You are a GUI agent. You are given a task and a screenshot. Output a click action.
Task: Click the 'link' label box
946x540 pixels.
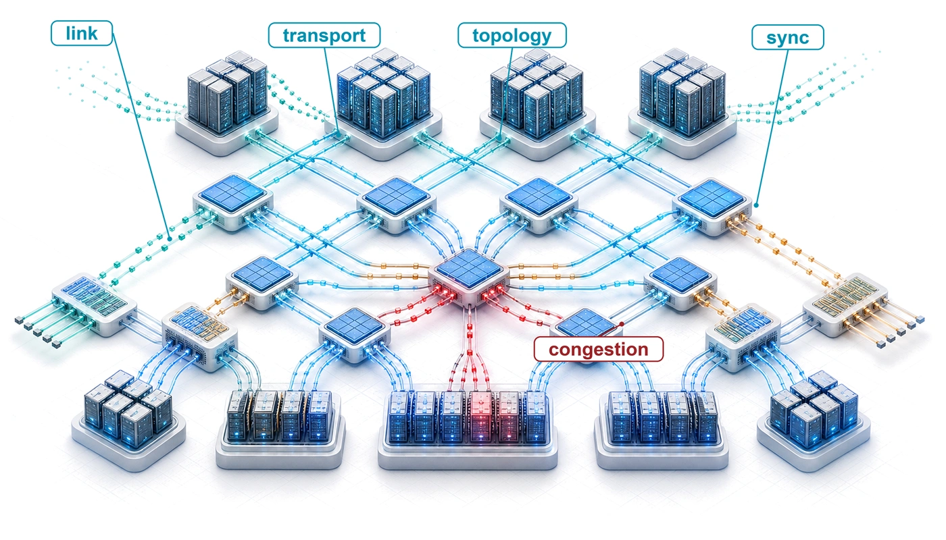coord(82,33)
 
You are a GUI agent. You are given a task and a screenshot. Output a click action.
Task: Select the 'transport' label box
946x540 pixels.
coord(324,35)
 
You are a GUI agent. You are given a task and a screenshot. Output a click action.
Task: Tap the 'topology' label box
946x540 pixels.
coord(512,35)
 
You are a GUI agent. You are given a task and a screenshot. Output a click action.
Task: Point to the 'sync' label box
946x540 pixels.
coord(788,37)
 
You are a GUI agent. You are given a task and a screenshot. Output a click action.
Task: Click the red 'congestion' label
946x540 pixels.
coord(599,349)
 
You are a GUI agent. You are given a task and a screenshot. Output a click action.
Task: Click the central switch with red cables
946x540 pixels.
coord(469,276)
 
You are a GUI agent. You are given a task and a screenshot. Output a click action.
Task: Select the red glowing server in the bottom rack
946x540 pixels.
coord(480,416)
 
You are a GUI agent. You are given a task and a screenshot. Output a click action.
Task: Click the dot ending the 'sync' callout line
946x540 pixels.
coord(756,205)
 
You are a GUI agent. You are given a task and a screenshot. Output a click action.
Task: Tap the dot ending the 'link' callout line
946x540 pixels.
coord(170,239)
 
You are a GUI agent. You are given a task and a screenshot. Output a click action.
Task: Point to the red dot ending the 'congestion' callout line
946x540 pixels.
coord(622,324)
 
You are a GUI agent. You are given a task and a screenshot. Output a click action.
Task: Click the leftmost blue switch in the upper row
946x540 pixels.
coord(232,202)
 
